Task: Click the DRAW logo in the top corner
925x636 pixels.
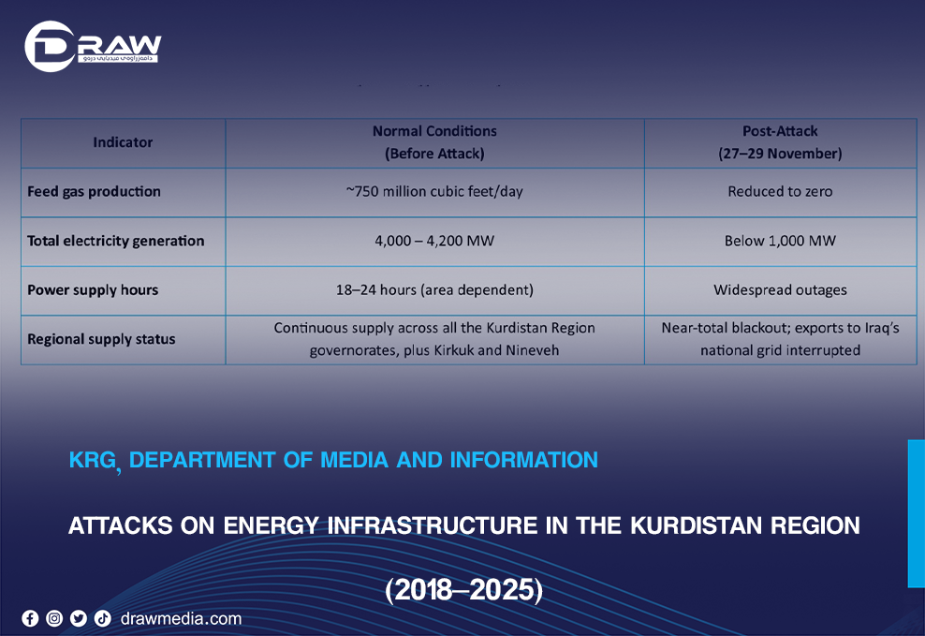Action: (92, 46)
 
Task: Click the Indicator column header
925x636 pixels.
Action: (123, 142)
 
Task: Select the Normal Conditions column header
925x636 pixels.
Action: (434, 142)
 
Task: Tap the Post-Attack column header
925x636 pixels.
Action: (780, 142)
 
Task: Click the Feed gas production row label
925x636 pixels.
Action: (94, 192)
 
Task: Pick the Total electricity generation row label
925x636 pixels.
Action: (115, 241)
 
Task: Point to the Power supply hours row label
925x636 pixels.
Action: (93, 290)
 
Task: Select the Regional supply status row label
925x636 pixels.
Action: (101, 339)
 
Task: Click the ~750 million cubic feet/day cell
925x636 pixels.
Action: (434, 192)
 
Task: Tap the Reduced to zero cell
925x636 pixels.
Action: (780, 192)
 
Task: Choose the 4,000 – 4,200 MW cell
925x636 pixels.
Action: (434, 241)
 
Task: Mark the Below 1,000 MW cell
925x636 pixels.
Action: (780, 241)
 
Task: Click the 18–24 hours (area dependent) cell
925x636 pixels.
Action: (434, 290)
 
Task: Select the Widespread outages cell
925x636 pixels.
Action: (780, 290)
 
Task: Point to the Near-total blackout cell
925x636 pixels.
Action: (780, 339)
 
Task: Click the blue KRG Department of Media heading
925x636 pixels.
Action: (333, 460)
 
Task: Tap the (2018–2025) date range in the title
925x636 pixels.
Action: (463, 590)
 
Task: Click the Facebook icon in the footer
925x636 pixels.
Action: (30, 618)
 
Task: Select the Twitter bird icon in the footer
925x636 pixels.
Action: (78, 618)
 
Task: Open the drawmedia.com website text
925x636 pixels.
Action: (181, 618)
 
